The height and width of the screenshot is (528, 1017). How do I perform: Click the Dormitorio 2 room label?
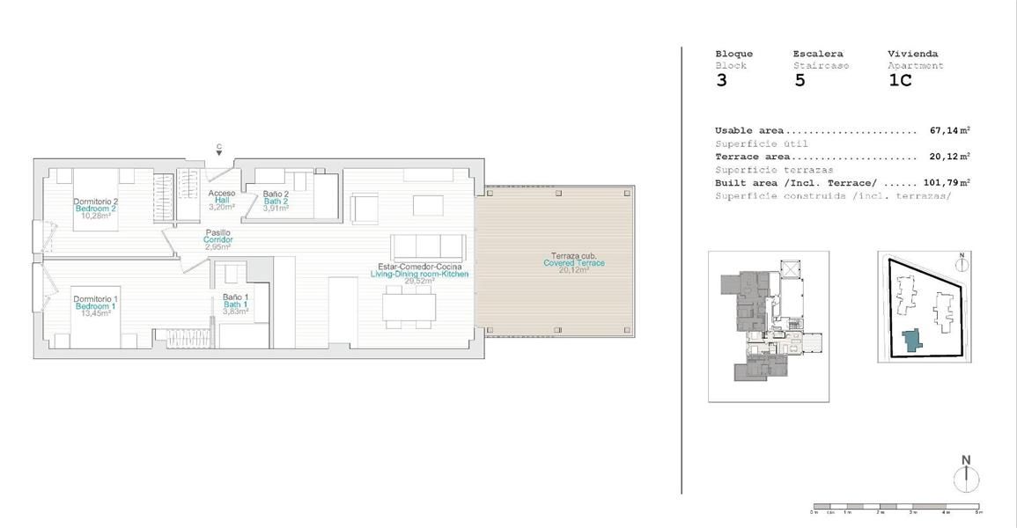click(x=95, y=202)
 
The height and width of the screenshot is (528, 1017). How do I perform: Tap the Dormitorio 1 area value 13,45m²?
click(x=95, y=313)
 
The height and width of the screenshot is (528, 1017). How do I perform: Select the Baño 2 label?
click(x=276, y=194)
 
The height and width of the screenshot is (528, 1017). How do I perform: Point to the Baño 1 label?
click(x=235, y=297)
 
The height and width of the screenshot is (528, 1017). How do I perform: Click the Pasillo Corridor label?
click(x=217, y=232)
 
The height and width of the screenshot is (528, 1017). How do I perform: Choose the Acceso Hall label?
click(x=222, y=194)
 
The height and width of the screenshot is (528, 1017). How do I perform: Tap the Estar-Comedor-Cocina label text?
click(x=420, y=266)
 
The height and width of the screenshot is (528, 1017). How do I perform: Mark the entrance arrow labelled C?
click(x=218, y=150)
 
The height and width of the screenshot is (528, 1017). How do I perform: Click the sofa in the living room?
click(x=426, y=245)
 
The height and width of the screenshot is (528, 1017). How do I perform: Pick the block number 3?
click(x=722, y=81)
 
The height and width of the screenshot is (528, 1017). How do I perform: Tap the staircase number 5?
click(x=800, y=81)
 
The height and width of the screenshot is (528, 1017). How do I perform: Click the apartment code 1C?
click(x=900, y=81)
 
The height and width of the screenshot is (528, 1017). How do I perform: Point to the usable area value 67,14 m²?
click(x=949, y=130)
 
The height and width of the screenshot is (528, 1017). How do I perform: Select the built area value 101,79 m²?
click(x=947, y=183)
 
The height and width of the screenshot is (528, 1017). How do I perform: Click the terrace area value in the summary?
click(x=949, y=157)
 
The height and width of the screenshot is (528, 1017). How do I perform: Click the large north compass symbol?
click(x=966, y=474)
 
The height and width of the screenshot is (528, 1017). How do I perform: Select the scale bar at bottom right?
click(x=895, y=508)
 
